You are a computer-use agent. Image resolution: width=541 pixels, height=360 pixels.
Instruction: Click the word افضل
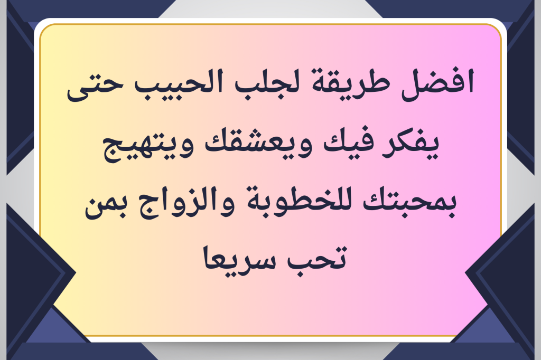point(439,84)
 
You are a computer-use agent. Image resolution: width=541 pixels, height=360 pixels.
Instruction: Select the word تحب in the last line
point(316,258)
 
